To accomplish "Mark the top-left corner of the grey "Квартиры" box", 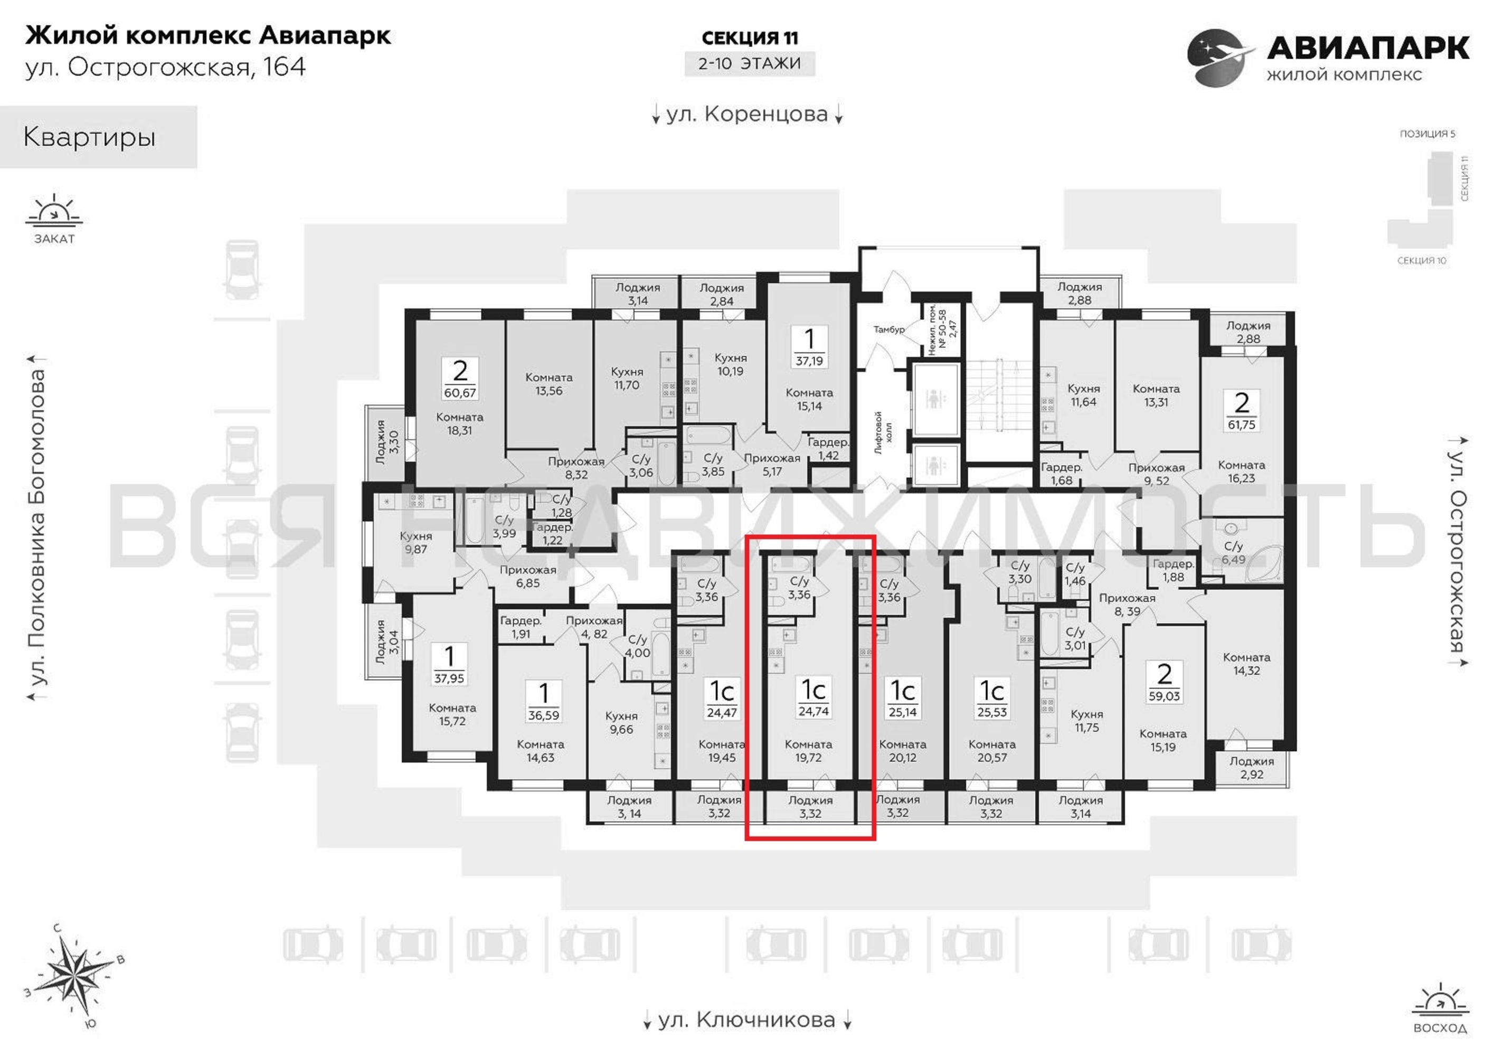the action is [0, 106].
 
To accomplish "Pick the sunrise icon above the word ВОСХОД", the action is [1440, 1000].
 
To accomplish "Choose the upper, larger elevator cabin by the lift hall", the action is [935, 400].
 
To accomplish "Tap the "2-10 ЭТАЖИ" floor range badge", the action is [750, 64].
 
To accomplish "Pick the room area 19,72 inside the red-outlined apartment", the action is [808, 758].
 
